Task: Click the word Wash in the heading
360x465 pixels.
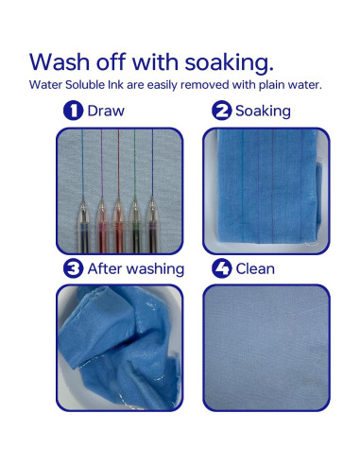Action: (60, 61)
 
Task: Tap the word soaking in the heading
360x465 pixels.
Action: (229, 63)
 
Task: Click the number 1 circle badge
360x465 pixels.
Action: (73, 111)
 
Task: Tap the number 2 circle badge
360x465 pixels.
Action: (222, 111)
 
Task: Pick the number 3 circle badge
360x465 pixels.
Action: (73, 268)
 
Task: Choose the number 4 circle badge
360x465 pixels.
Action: (222, 268)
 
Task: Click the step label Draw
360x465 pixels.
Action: (106, 111)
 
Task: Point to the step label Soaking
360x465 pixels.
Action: (263, 112)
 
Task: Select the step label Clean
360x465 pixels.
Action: (255, 269)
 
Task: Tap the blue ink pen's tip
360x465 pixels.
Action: (83, 198)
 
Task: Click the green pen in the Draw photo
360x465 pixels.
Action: (135, 224)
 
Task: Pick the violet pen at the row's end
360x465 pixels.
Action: (152, 224)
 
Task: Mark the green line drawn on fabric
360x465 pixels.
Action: (135, 164)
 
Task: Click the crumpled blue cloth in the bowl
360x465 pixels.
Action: (120, 347)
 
